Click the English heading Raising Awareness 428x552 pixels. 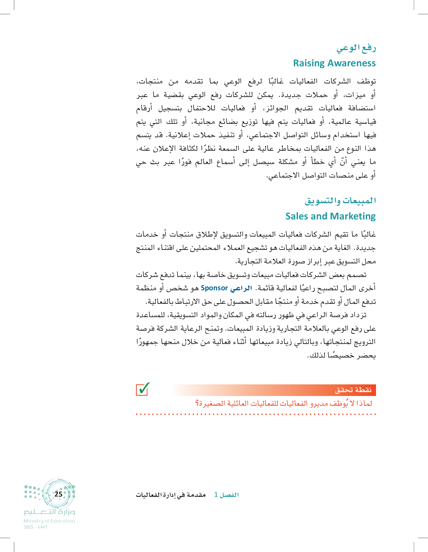pyautogui.click(x=334, y=63)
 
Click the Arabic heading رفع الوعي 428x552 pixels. pyautogui.click(x=356, y=48)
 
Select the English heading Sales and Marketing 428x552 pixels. pyautogui.click(x=330, y=216)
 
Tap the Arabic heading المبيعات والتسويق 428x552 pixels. pyautogui.click(x=340, y=201)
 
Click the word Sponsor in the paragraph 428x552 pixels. pyautogui.click(x=214, y=288)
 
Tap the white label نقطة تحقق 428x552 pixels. pyautogui.click(x=353, y=390)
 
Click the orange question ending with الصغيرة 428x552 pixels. pyautogui.click(x=283, y=403)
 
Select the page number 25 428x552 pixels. pyautogui.click(x=58, y=494)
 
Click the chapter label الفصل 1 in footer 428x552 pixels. pyautogui.click(x=226, y=495)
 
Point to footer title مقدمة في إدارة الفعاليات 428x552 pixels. pyautogui.click(x=171, y=495)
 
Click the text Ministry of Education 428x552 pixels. pyautogui.click(x=49, y=521)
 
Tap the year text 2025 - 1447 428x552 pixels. pyautogui.click(x=36, y=527)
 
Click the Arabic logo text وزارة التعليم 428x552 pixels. pyautogui.click(x=50, y=512)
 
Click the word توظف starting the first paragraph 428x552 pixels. pyautogui.click(x=366, y=81)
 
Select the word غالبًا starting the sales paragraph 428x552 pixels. pyautogui.click(x=368, y=234)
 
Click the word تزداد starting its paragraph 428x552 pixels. pyautogui.click(x=357, y=315)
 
